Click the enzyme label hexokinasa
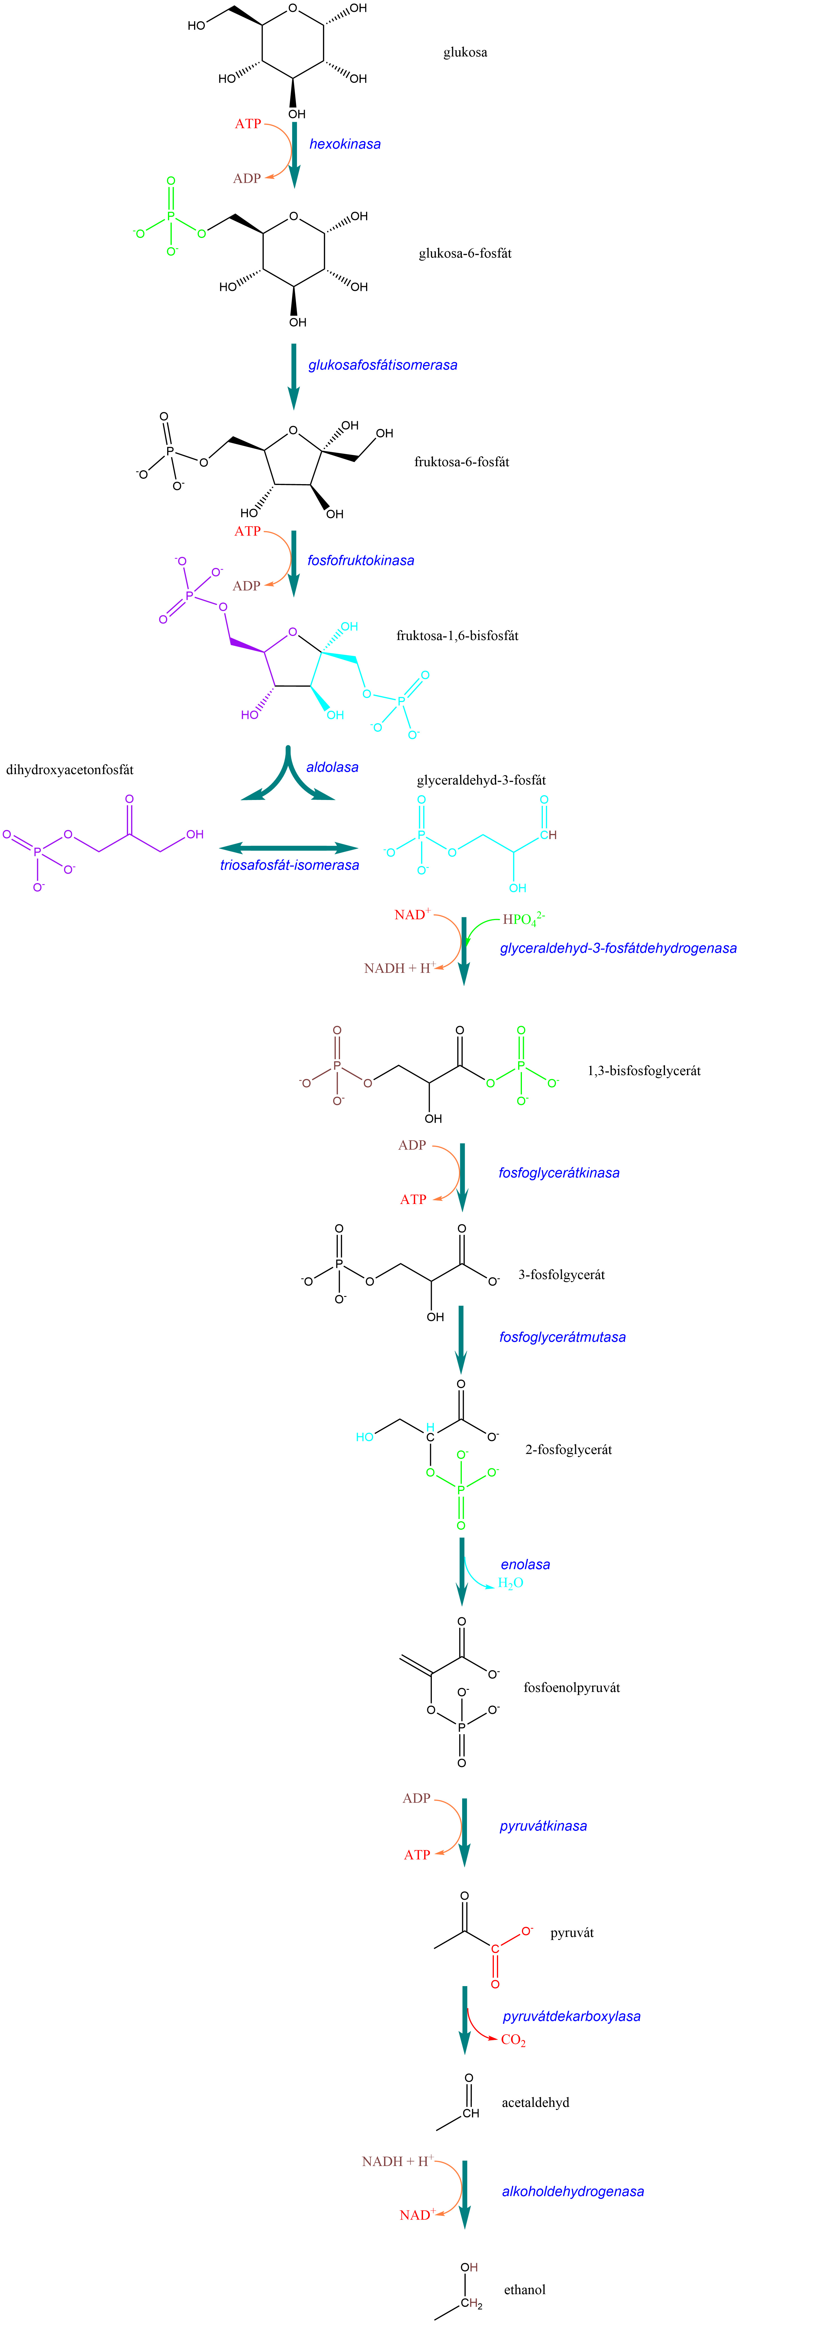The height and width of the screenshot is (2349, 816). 345,144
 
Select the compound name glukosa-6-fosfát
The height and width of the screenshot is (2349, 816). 465,254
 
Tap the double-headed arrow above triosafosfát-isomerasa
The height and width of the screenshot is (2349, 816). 289,848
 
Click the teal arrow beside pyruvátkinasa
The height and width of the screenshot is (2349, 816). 464,1831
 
